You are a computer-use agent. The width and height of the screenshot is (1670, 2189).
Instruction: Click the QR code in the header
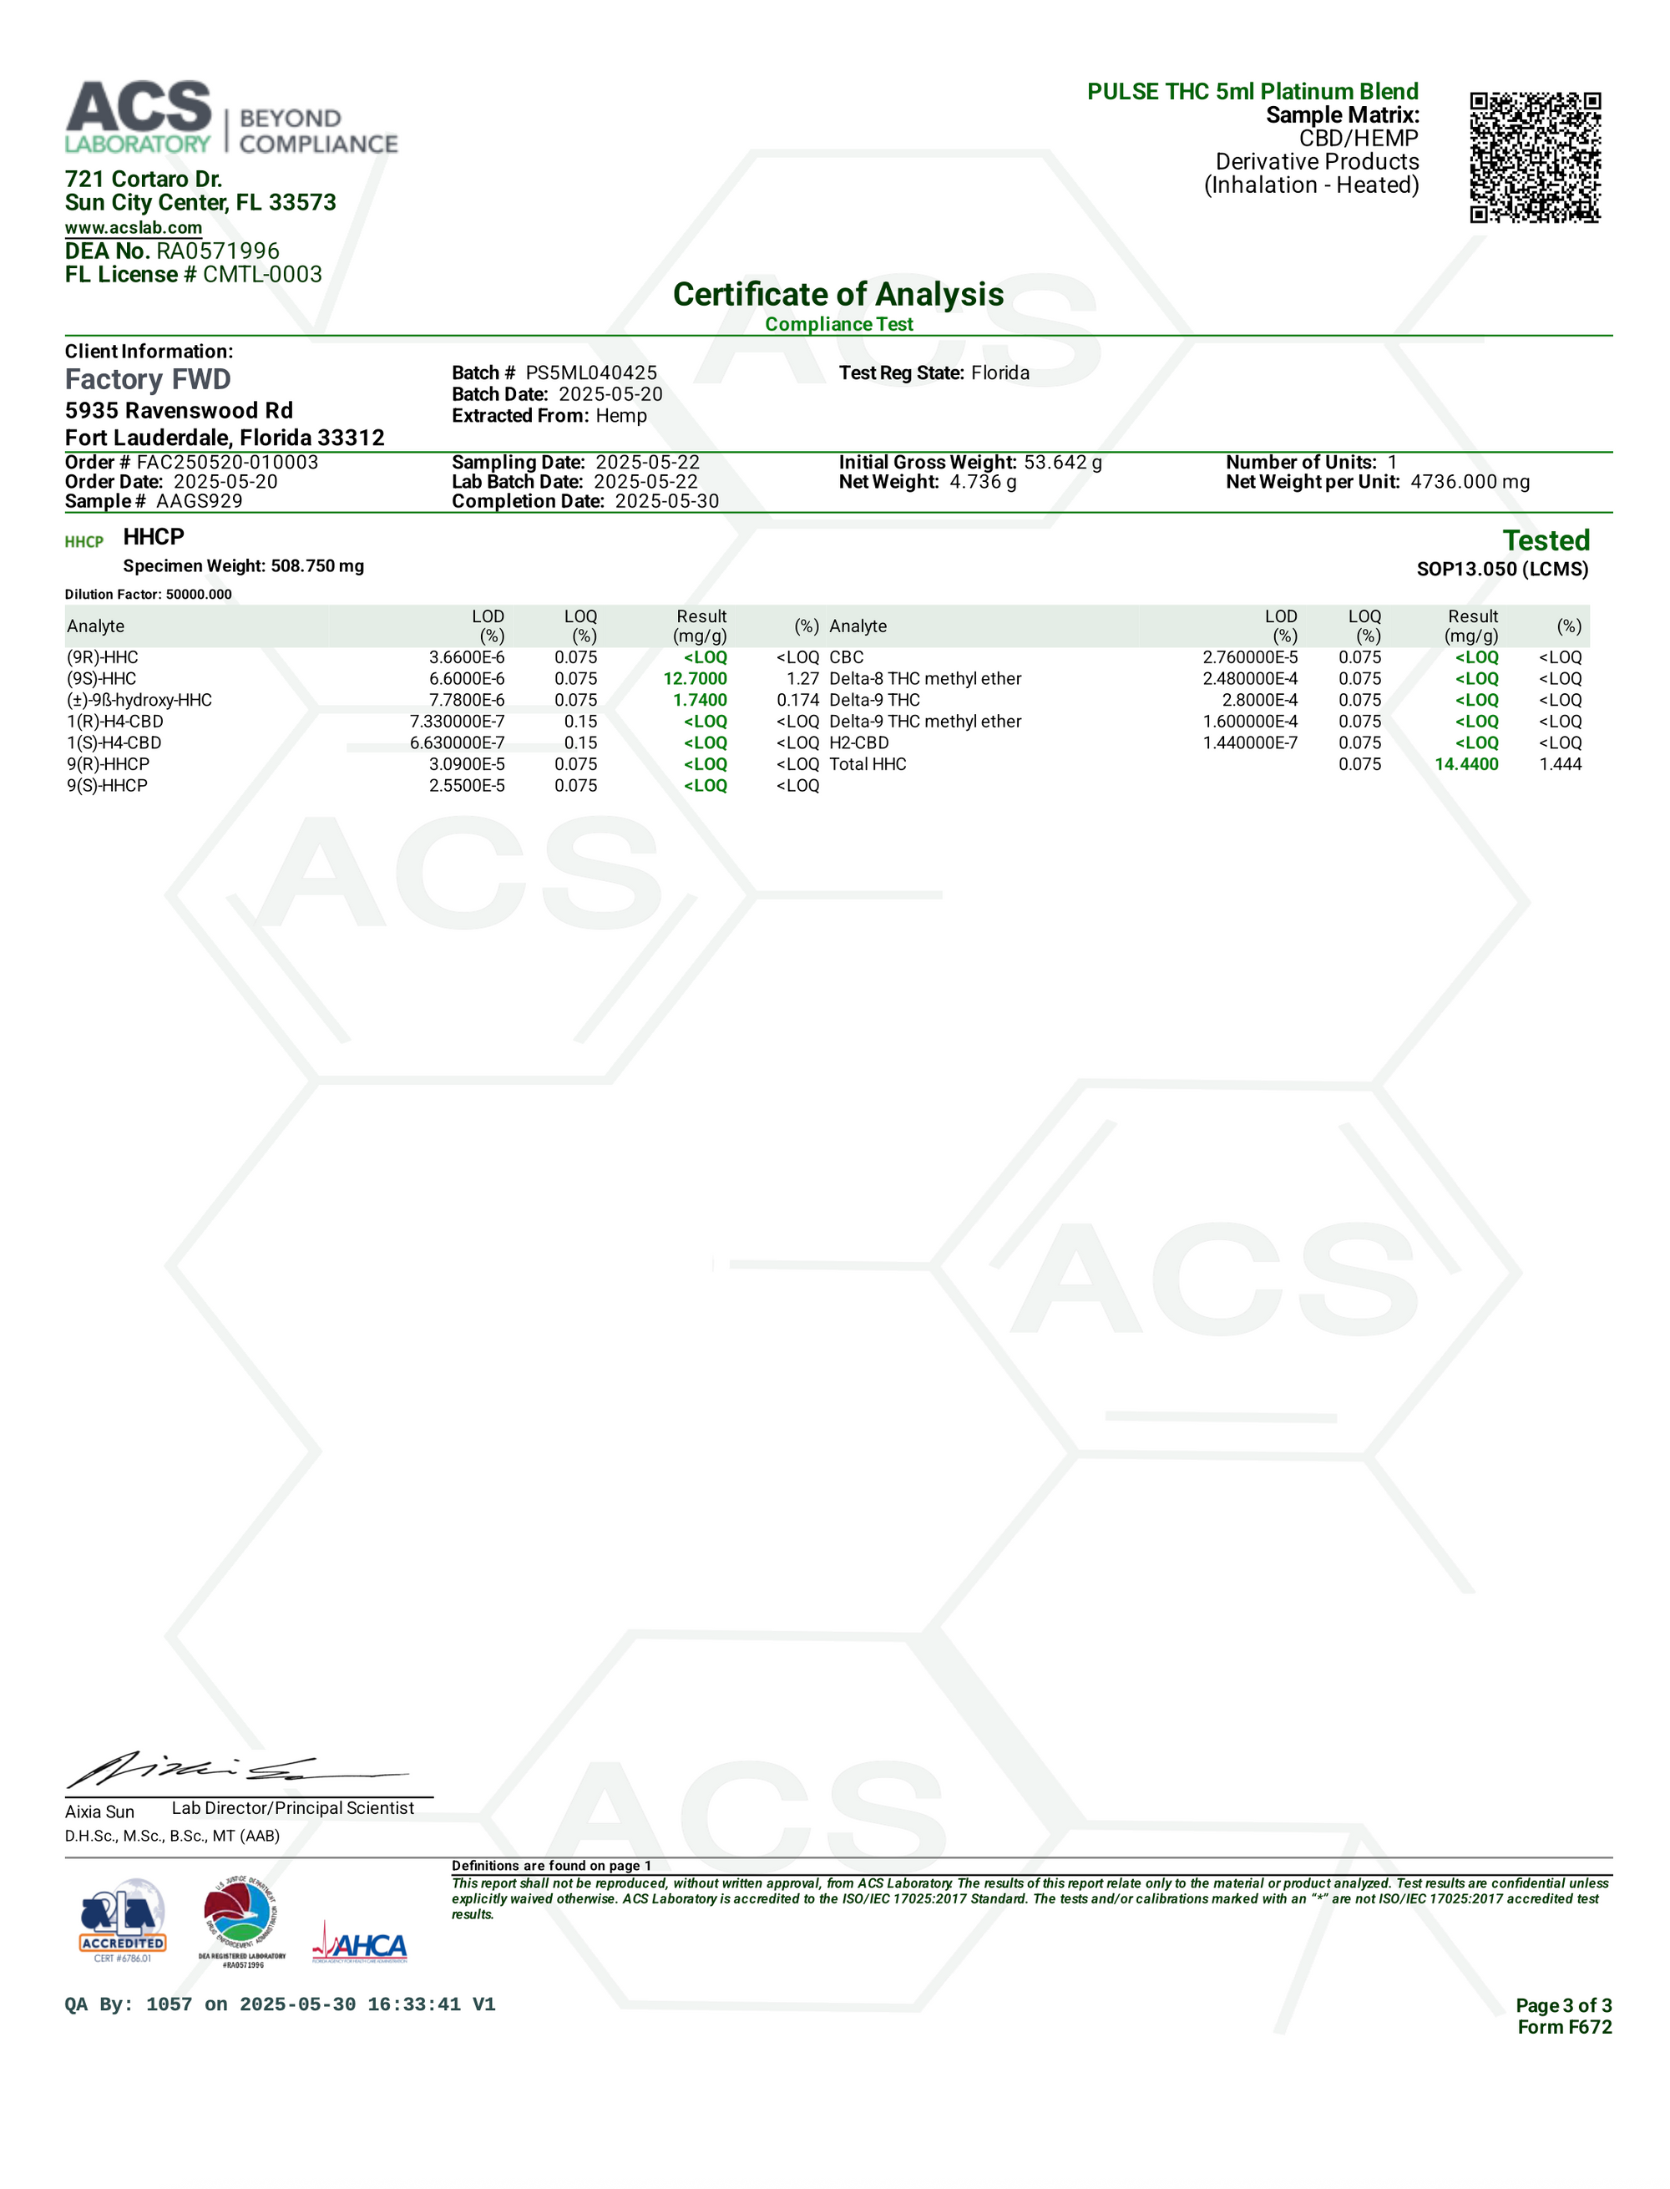(x=1535, y=157)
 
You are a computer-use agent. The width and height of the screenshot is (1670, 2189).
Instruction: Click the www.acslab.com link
(x=134, y=228)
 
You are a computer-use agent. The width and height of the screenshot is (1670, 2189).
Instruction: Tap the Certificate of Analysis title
(x=838, y=294)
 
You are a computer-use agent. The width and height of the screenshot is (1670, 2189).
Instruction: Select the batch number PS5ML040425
(x=591, y=372)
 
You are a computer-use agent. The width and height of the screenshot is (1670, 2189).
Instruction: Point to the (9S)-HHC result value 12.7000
(x=695, y=679)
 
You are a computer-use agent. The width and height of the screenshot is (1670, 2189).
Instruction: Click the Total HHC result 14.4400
(x=1466, y=764)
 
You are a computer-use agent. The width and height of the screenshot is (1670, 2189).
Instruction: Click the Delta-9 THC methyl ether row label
(x=924, y=722)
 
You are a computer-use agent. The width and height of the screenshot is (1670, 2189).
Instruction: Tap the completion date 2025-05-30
(x=666, y=501)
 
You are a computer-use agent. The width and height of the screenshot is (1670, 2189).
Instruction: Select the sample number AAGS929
(x=199, y=501)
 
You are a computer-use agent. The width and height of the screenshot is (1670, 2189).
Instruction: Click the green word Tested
(x=1546, y=541)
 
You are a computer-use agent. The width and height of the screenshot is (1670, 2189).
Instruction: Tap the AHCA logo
(x=360, y=1947)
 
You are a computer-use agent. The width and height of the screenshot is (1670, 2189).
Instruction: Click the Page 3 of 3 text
(x=1562, y=2005)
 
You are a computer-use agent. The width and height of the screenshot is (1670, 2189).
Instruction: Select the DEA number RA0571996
(x=218, y=251)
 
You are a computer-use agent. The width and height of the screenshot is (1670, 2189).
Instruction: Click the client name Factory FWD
(x=148, y=380)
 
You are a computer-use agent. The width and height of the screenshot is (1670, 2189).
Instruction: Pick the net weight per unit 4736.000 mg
(x=1470, y=482)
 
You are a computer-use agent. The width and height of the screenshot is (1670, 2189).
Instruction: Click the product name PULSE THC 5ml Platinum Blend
(x=1252, y=92)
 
